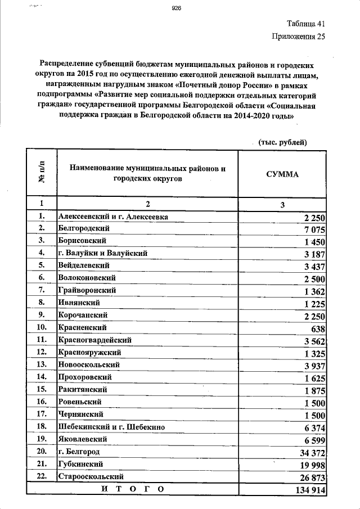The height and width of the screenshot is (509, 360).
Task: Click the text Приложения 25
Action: pos(298,37)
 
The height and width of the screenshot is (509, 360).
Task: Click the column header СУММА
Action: pos(282,174)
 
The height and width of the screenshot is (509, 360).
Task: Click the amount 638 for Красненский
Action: pos(318,328)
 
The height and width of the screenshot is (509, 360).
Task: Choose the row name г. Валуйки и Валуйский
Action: pos(102,253)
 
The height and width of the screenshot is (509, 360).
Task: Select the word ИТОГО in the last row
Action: pos(133,489)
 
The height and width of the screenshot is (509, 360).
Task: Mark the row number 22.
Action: pos(40,476)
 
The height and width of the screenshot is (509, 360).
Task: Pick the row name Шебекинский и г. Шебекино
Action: pos(111,427)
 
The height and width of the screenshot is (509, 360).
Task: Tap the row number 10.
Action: pos(40,327)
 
